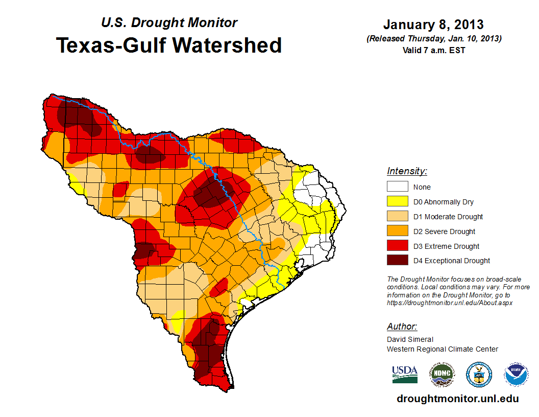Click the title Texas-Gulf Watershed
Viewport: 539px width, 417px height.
[x=168, y=45]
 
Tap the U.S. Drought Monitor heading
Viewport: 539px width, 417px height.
[x=169, y=23]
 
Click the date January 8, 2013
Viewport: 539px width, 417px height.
[x=433, y=25]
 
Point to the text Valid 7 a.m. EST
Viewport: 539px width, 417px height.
[x=433, y=50]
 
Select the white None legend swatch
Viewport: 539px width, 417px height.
[x=397, y=187]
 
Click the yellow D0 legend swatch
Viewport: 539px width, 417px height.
[x=397, y=202]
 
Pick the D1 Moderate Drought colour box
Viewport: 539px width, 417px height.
[x=397, y=217]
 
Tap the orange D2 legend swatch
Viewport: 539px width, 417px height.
[x=397, y=231]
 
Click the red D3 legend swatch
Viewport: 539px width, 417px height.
[x=397, y=246]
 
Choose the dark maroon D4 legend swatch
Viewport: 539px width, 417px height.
[x=397, y=261]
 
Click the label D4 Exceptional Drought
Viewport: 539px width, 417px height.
[x=452, y=261]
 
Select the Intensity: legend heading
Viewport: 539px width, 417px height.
[x=407, y=171]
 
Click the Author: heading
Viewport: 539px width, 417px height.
[x=402, y=327]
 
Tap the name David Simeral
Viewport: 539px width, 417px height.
[x=409, y=339]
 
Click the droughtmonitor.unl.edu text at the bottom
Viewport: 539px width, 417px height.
[x=458, y=399]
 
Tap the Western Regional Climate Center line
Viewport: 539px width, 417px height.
[x=442, y=349]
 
